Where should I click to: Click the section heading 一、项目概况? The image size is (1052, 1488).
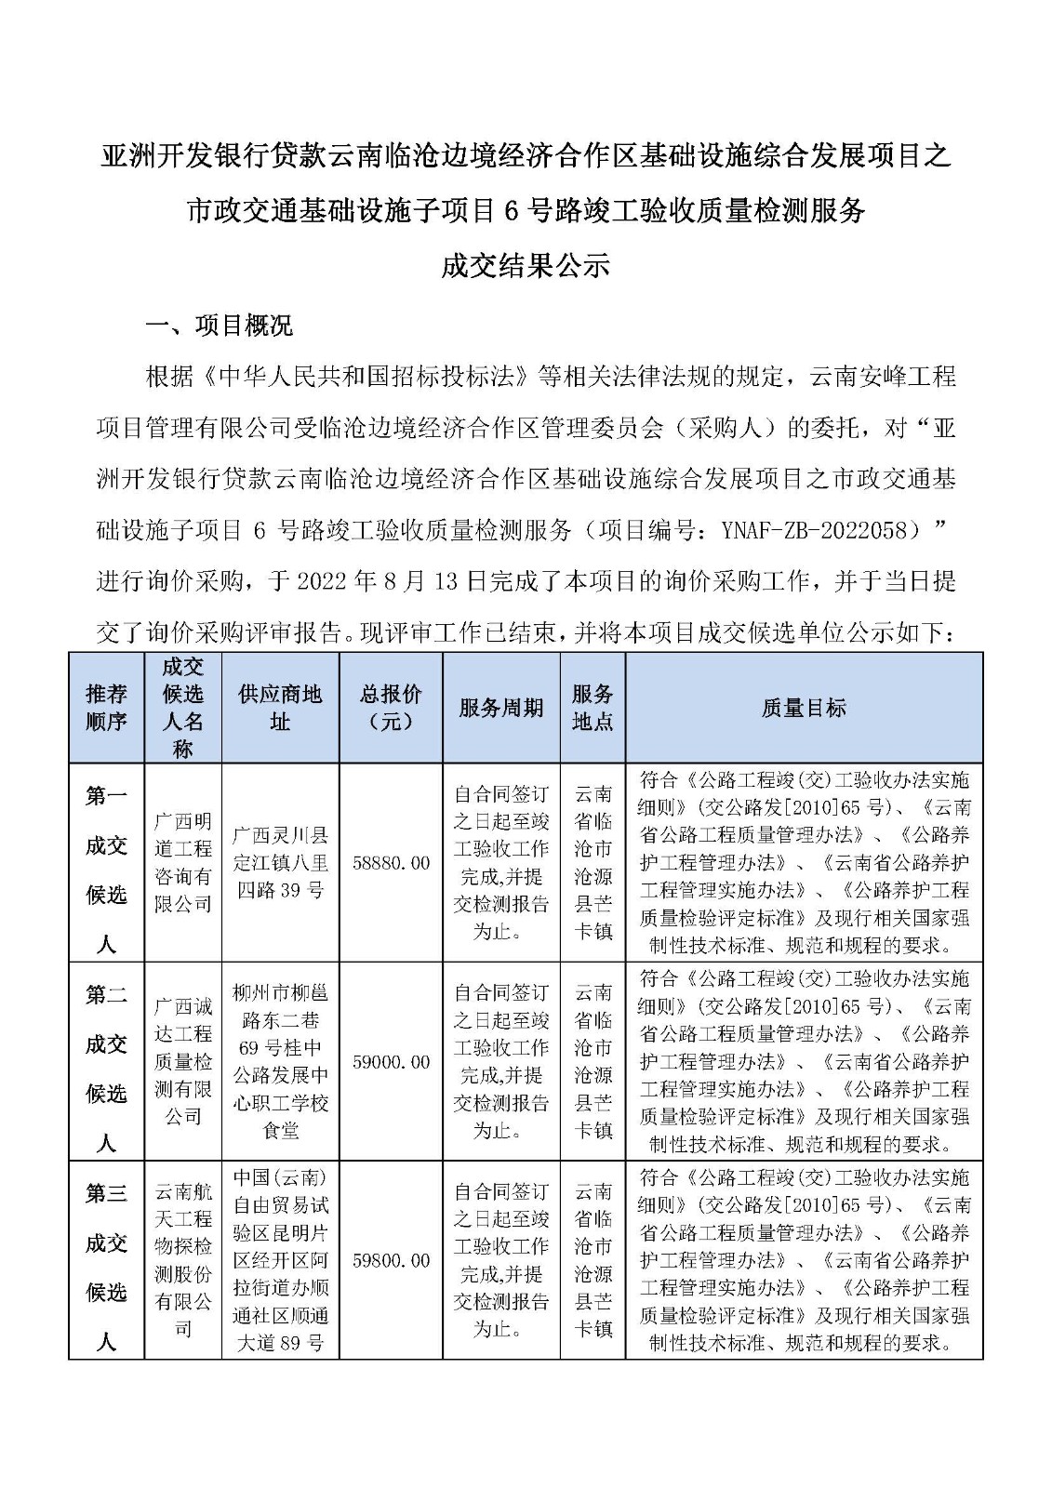tap(220, 325)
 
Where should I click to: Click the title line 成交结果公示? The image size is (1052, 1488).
tap(526, 265)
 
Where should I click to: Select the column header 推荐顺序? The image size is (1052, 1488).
tap(106, 708)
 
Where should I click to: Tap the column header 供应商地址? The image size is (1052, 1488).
tap(280, 708)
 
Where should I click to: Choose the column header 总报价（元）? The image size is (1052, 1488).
tap(391, 708)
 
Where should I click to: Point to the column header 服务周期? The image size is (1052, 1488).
tap(500, 708)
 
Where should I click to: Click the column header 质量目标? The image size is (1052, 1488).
tap(804, 708)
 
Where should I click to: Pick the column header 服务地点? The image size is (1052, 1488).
tap(593, 708)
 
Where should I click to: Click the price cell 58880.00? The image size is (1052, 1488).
tap(391, 863)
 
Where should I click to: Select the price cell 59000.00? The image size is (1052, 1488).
tap(391, 1062)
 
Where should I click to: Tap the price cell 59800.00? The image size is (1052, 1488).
tap(391, 1261)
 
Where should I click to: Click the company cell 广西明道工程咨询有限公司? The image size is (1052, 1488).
tap(183, 863)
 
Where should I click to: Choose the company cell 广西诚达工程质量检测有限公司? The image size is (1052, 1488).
tap(183, 1062)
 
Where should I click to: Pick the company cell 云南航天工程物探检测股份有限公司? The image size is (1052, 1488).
tap(183, 1261)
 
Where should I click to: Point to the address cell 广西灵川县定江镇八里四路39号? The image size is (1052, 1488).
tap(280, 863)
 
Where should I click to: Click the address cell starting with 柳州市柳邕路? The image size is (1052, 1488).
tap(280, 1062)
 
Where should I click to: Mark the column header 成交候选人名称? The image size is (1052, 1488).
tap(183, 708)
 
